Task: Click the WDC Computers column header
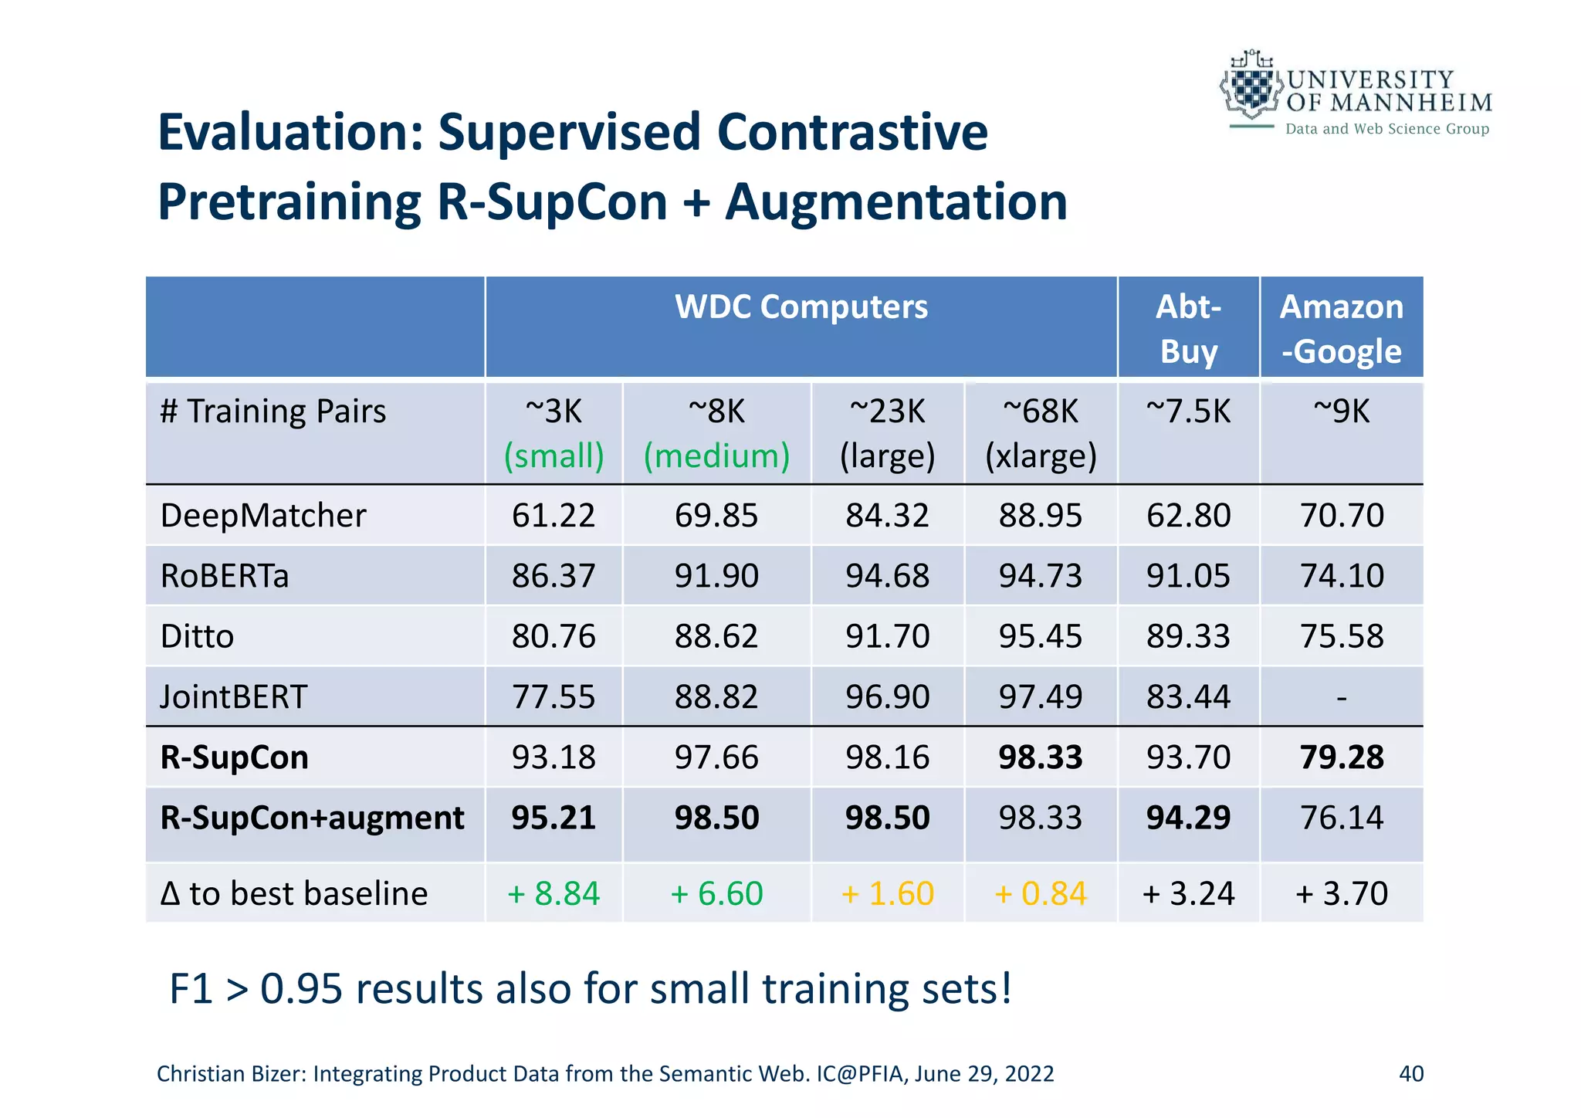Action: click(x=801, y=307)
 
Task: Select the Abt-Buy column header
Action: click(x=1188, y=328)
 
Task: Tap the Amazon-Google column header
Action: click(x=1341, y=328)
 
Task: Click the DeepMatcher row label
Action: click(x=263, y=516)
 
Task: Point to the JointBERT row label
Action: click(x=234, y=697)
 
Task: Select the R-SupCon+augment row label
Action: click(x=312, y=818)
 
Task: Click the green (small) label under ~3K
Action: click(x=554, y=456)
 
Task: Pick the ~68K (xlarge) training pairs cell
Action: click(x=1040, y=433)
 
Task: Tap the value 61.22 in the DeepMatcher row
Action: click(x=554, y=516)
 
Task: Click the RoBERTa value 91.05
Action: click(x=1188, y=576)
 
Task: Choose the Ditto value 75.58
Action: click(x=1341, y=637)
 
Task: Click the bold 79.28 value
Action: click(x=1341, y=757)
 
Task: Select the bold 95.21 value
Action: click(x=554, y=818)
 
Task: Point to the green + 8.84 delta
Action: click(x=554, y=894)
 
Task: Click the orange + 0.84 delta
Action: click(x=1040, y=894)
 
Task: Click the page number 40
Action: click(x=1410, y=1074)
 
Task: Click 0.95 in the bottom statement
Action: click(x=301, y=989)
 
